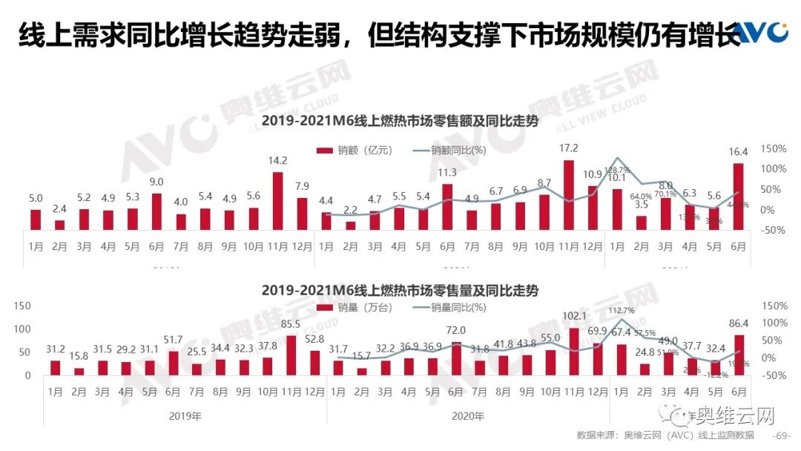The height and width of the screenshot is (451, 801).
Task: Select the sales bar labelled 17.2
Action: pos(569,194)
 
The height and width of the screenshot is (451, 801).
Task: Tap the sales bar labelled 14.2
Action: pos(278,200)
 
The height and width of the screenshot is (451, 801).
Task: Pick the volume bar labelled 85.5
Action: pos(291,355)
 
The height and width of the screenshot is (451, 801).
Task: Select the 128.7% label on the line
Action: pos(618,170)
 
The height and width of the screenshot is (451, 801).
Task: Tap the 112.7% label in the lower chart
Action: pos(620,310)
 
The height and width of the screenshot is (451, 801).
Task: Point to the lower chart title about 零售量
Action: pos(400,290)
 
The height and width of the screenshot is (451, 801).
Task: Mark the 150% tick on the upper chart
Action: pos(772,149)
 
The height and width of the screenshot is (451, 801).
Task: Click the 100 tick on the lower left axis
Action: pos(23,329)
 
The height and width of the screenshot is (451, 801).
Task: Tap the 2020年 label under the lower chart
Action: pos(468,416)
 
